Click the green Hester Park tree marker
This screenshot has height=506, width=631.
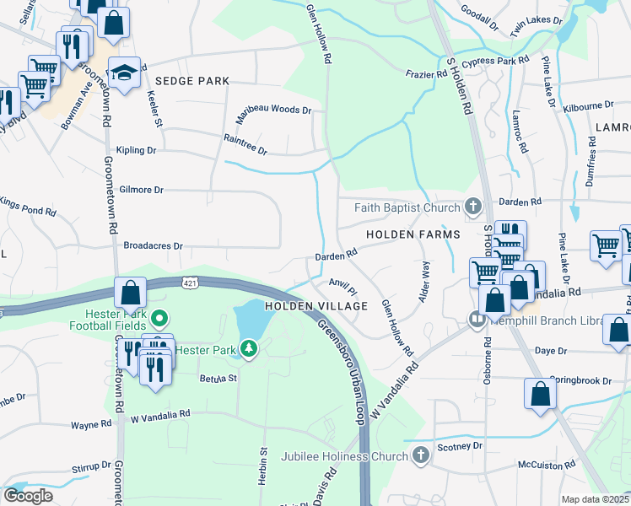[x=248, y=348]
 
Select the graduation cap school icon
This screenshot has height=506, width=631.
[x=124, y=73]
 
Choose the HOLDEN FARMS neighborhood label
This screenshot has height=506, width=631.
[x=413, y=234]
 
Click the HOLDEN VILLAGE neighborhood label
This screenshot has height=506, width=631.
[x=316, y=306]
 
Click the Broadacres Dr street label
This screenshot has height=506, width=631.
[x=153, y=246]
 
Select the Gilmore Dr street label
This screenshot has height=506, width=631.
[x=141, y=191]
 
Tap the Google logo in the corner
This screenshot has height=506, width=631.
[x=29, y=496]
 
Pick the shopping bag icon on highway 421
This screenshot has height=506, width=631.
[x=130, y=293]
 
